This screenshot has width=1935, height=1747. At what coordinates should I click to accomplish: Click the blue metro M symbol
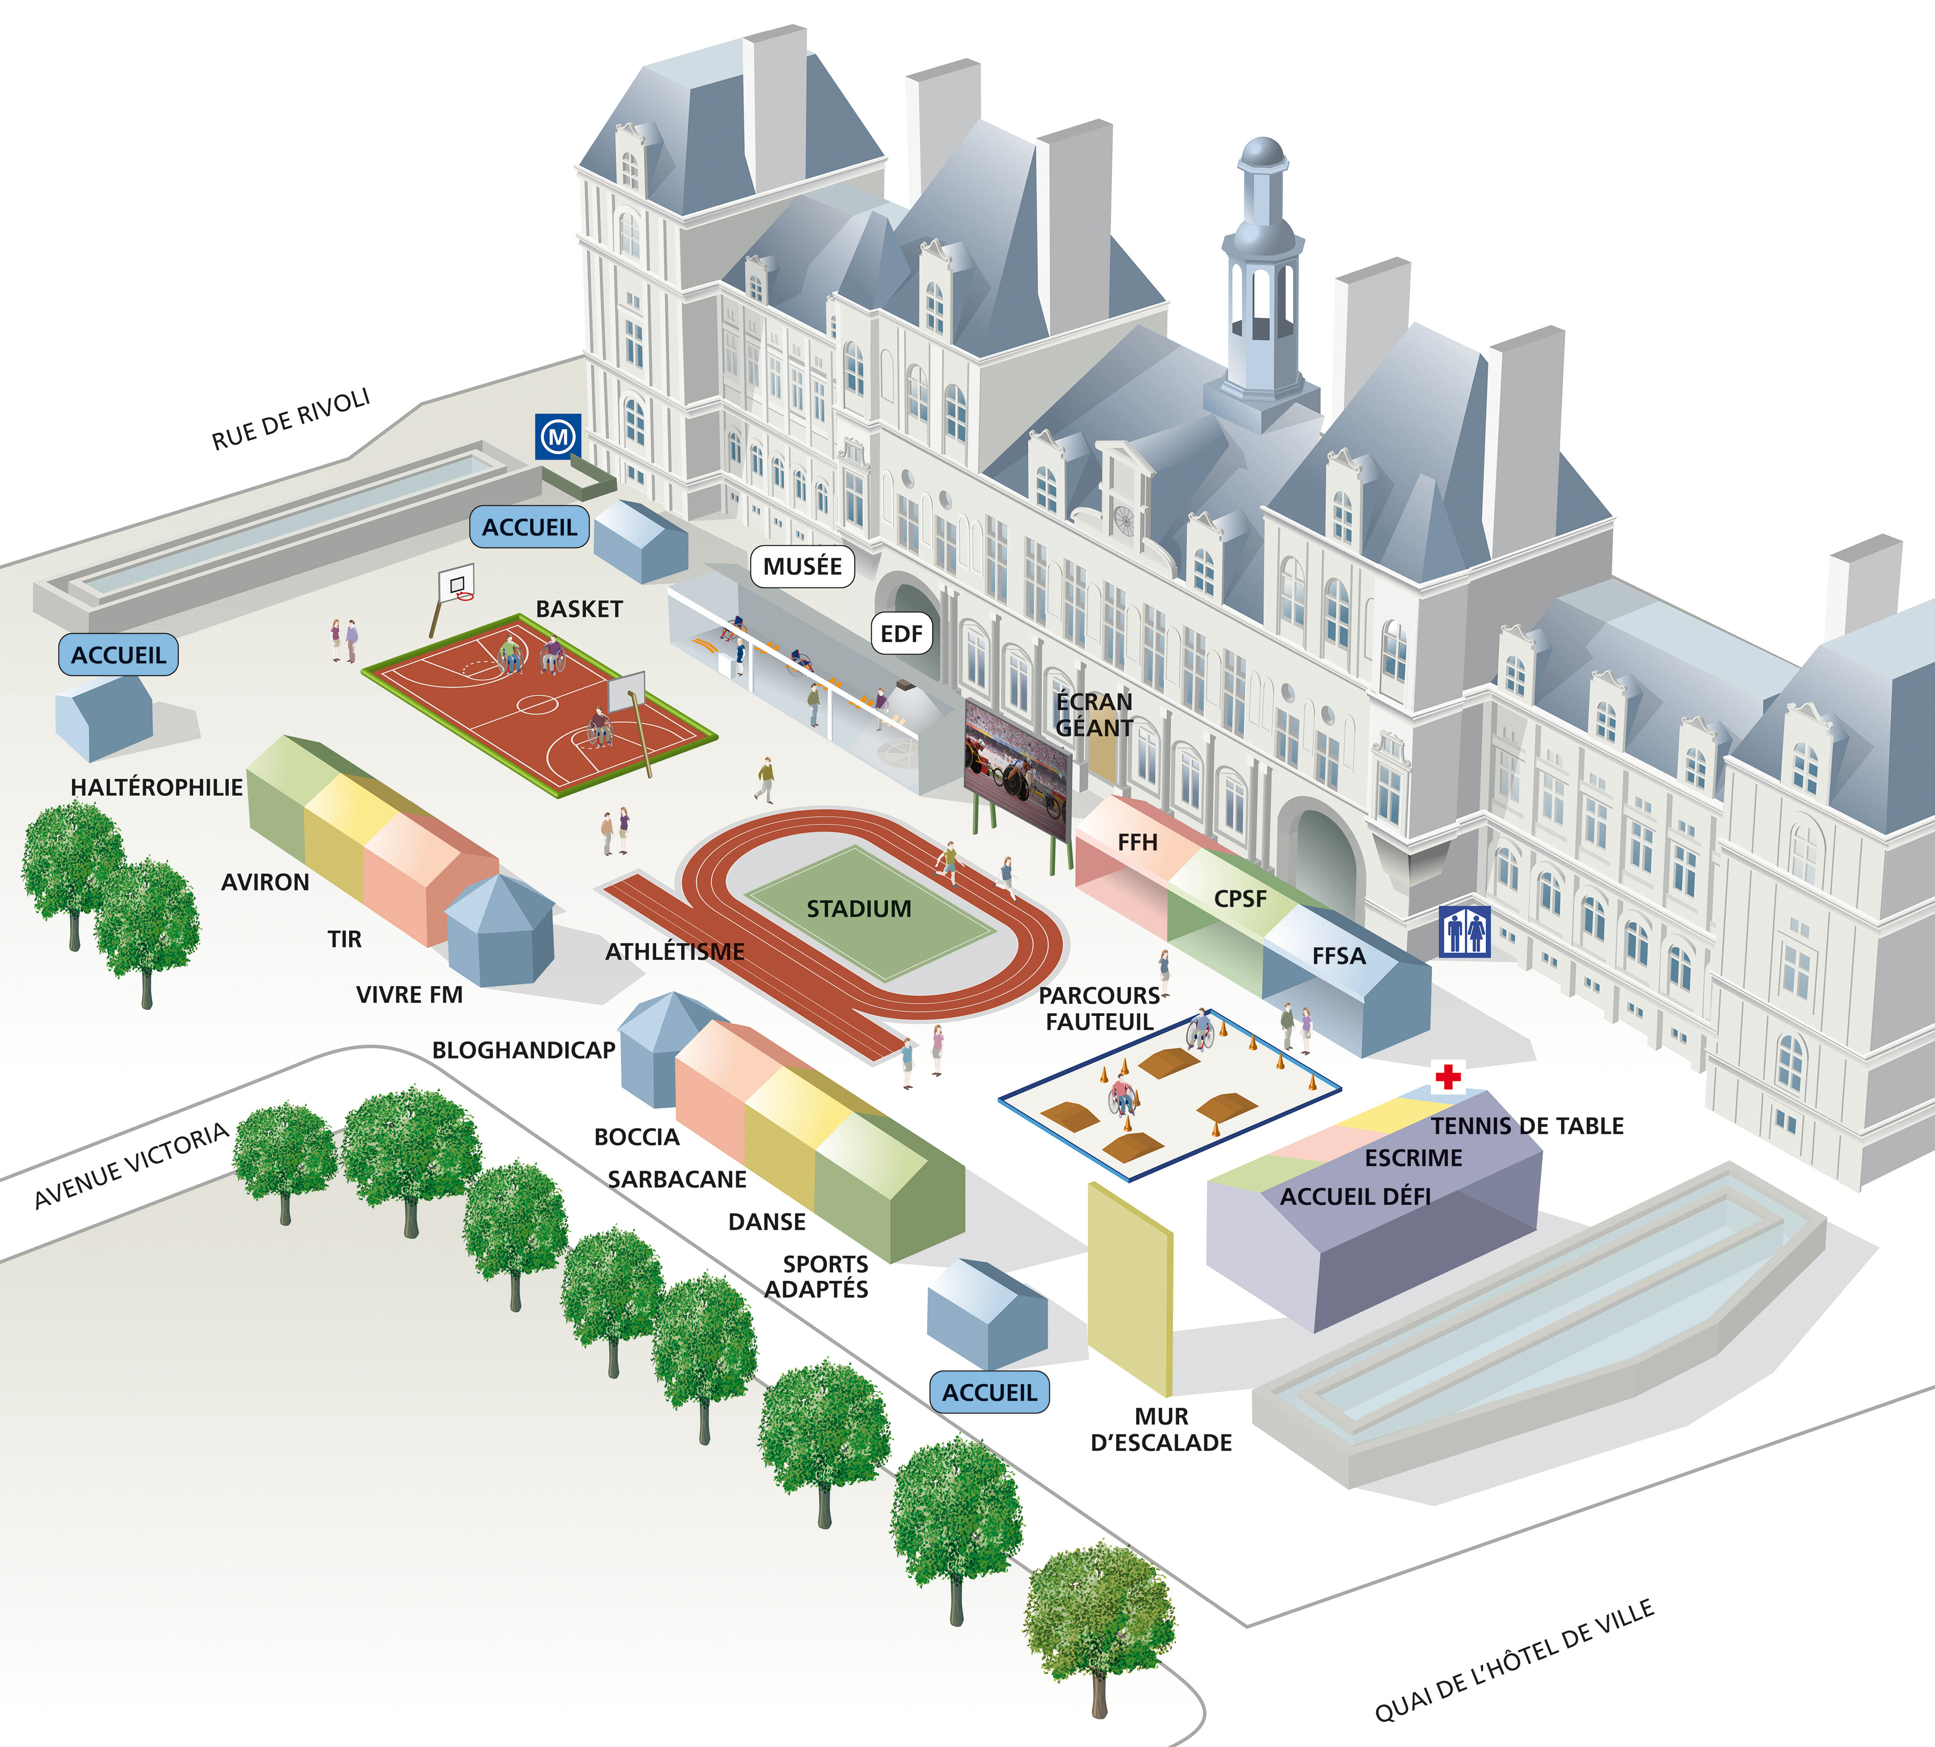coord(558,437)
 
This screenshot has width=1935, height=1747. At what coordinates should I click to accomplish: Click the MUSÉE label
coord(802,566)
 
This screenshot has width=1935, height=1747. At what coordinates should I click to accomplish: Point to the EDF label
coord(901,633)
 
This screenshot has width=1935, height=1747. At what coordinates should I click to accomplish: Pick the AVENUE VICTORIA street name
coord(132,1166)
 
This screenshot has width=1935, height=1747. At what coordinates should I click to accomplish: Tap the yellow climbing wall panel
coord(1130,1286)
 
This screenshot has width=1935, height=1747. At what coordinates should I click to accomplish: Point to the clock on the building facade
coord(1124,521)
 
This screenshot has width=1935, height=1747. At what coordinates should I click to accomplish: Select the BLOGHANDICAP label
coord(523,1050)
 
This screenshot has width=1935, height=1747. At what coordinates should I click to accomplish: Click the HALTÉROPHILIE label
coord(156,787)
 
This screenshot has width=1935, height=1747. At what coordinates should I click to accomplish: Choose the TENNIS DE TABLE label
coord(1527,1126)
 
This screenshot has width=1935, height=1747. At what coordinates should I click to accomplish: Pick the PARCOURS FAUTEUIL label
coord(1100,1008)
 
